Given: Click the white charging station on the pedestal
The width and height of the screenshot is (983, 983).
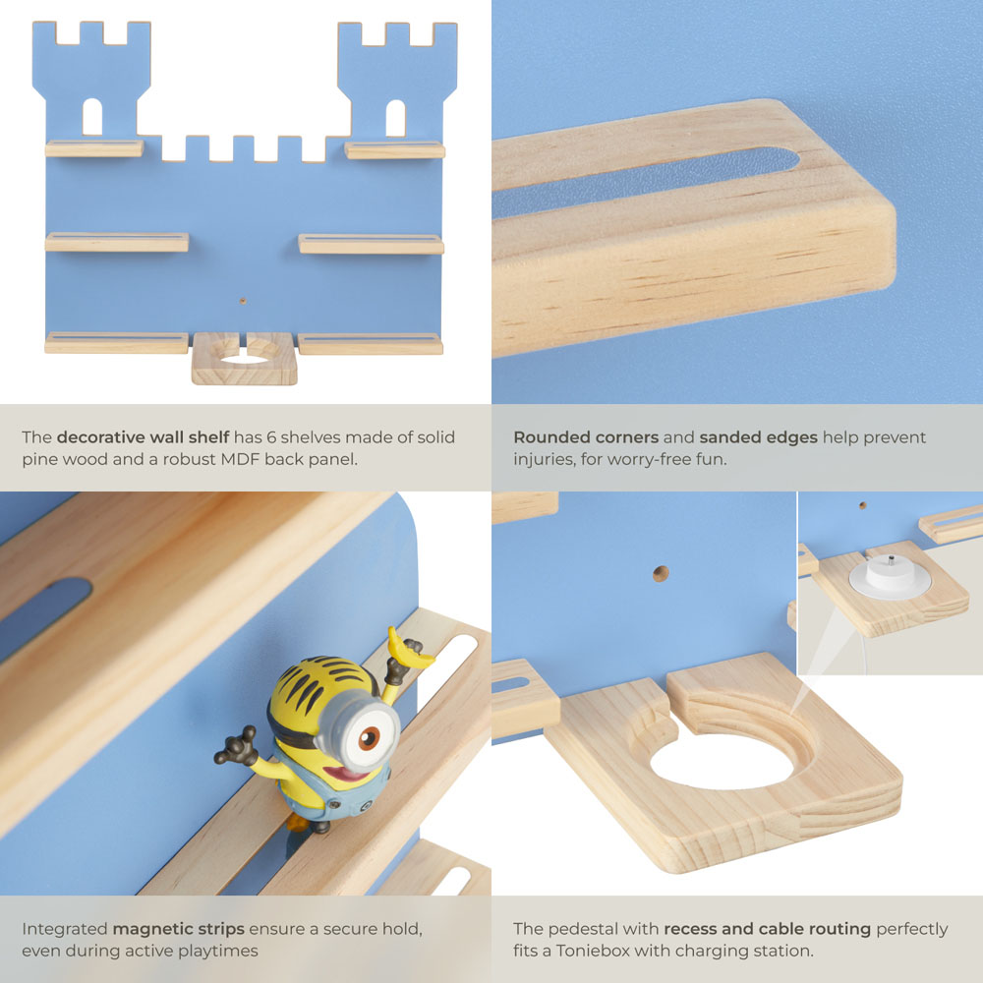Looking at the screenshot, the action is point(890,575).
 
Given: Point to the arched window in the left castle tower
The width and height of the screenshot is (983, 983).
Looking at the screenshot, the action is point(92,117).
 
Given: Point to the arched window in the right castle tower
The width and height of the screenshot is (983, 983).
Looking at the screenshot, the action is point(395,118).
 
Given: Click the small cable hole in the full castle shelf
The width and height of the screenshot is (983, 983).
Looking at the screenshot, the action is point(243,301).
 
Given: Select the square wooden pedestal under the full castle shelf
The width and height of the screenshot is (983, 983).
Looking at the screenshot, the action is point(245,358).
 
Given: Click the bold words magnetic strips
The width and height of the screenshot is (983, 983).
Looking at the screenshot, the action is point(179,929).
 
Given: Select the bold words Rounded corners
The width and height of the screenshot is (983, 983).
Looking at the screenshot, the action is point(586,437).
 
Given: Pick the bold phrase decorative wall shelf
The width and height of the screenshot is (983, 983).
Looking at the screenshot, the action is point(143,437).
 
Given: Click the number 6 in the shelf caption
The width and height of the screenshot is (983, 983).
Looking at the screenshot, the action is point(271,437).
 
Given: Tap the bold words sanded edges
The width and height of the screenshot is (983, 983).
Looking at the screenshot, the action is point(759,437).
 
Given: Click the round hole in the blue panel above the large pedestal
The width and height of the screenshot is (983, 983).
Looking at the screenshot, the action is point(661,573).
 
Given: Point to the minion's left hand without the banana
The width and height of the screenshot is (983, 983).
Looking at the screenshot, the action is point(237,746).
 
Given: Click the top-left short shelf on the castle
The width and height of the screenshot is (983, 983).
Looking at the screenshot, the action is point(94,148).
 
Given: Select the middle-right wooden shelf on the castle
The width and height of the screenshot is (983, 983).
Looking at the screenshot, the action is point(372,244).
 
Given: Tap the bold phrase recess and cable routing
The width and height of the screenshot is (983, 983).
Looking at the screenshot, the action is point(768,929).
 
